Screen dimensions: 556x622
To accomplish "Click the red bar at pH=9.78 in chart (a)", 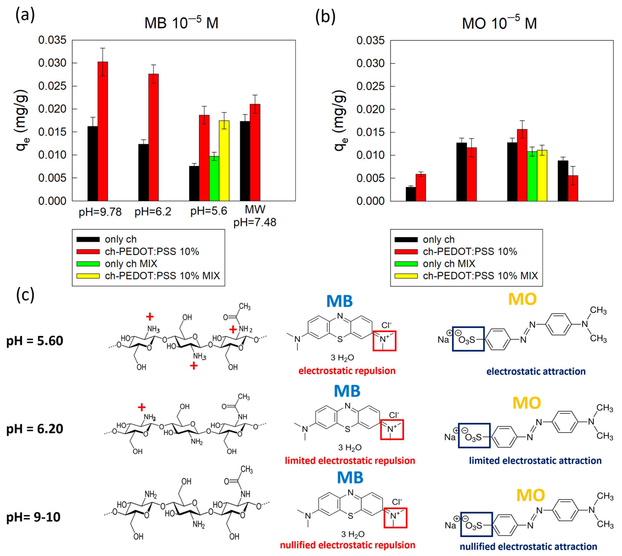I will (103, 131).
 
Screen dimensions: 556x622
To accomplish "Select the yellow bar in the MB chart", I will (224, 161).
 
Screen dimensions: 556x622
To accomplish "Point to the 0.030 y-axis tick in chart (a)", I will (52, 63).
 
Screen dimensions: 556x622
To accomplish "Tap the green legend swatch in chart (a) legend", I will (88, 264).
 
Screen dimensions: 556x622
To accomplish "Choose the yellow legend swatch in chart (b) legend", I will (406, 276).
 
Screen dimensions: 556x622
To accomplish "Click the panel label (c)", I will (25, 295).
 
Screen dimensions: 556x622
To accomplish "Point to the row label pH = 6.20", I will (35, 429).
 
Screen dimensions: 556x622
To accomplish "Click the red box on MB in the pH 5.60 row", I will (384, 341).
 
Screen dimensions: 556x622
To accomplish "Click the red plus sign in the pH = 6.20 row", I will (141, 407).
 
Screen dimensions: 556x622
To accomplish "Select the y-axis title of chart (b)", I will (340, 121).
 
